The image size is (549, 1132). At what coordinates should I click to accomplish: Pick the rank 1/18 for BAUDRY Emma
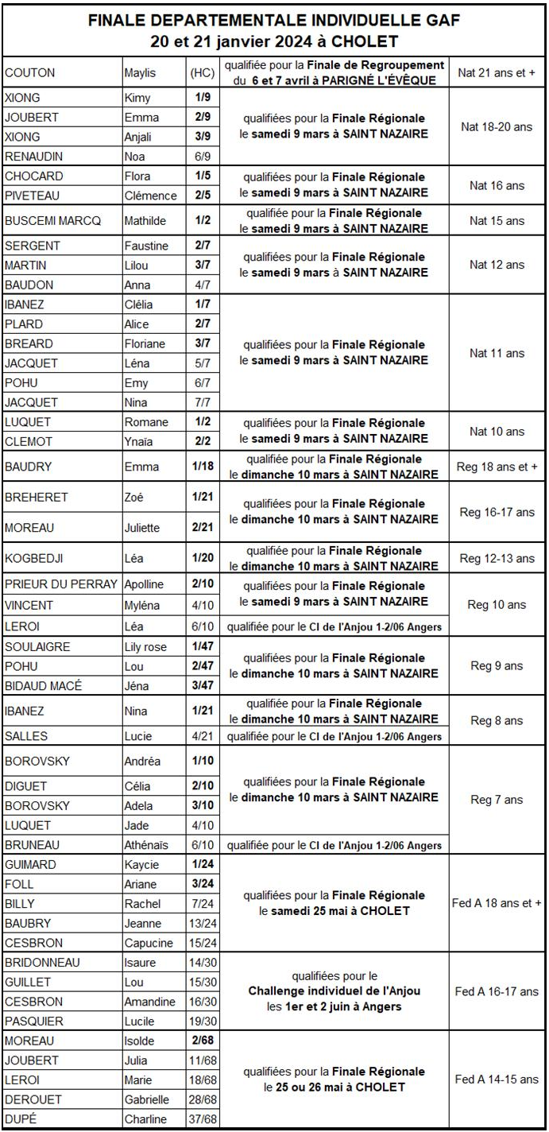pos(201,466)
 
